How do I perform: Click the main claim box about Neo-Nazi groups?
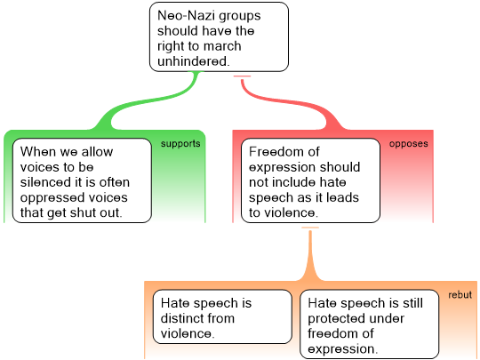point(219,37)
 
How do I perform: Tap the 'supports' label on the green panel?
point(180,144)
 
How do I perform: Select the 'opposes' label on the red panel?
point(408,144)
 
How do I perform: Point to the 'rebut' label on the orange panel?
point(460,295)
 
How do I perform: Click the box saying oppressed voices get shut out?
point(82,180)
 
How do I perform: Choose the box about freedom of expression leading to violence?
point(310,180)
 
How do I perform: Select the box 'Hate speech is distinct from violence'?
point(222,316)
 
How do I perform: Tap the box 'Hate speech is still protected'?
point(369,324)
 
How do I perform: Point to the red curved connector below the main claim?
point(291,102)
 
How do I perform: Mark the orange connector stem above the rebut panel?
point(310,256)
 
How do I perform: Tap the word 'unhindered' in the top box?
point(193,61)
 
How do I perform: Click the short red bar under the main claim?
point(242,76)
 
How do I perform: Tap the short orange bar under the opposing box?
point(310,228)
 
